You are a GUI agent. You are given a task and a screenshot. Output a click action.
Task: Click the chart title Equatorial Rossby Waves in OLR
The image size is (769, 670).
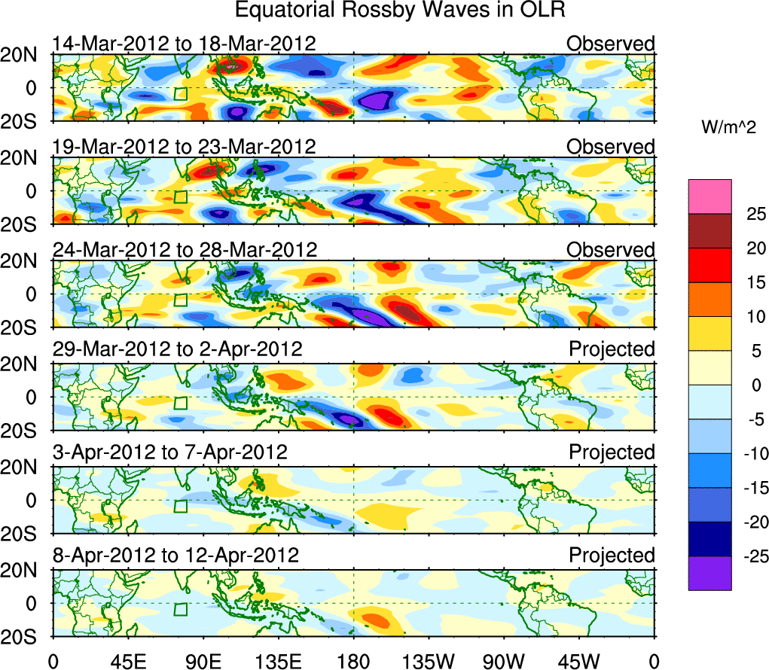[x=400, y=11]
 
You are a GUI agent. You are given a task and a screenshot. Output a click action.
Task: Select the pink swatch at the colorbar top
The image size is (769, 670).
[x=709, y=196]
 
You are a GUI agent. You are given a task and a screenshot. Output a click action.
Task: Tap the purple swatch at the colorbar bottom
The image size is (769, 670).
[x=709, y=573]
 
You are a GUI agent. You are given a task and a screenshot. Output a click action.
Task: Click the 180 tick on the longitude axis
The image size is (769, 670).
[x=353, y=661]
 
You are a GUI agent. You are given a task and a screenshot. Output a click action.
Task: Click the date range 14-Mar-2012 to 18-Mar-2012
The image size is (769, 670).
[x=184, y=44]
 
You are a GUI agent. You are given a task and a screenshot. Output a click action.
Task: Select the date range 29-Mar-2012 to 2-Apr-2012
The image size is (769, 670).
[x=178, y=349]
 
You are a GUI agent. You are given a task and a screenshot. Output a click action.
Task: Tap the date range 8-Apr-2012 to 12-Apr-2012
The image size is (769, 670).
[x=175, y=556]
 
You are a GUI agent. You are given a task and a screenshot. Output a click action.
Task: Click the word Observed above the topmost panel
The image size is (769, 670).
[x=611, y=44]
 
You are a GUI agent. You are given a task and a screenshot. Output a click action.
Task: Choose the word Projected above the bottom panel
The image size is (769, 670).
[x=612, y=556]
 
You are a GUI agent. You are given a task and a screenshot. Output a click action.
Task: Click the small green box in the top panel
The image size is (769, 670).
[x=180, y=93]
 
